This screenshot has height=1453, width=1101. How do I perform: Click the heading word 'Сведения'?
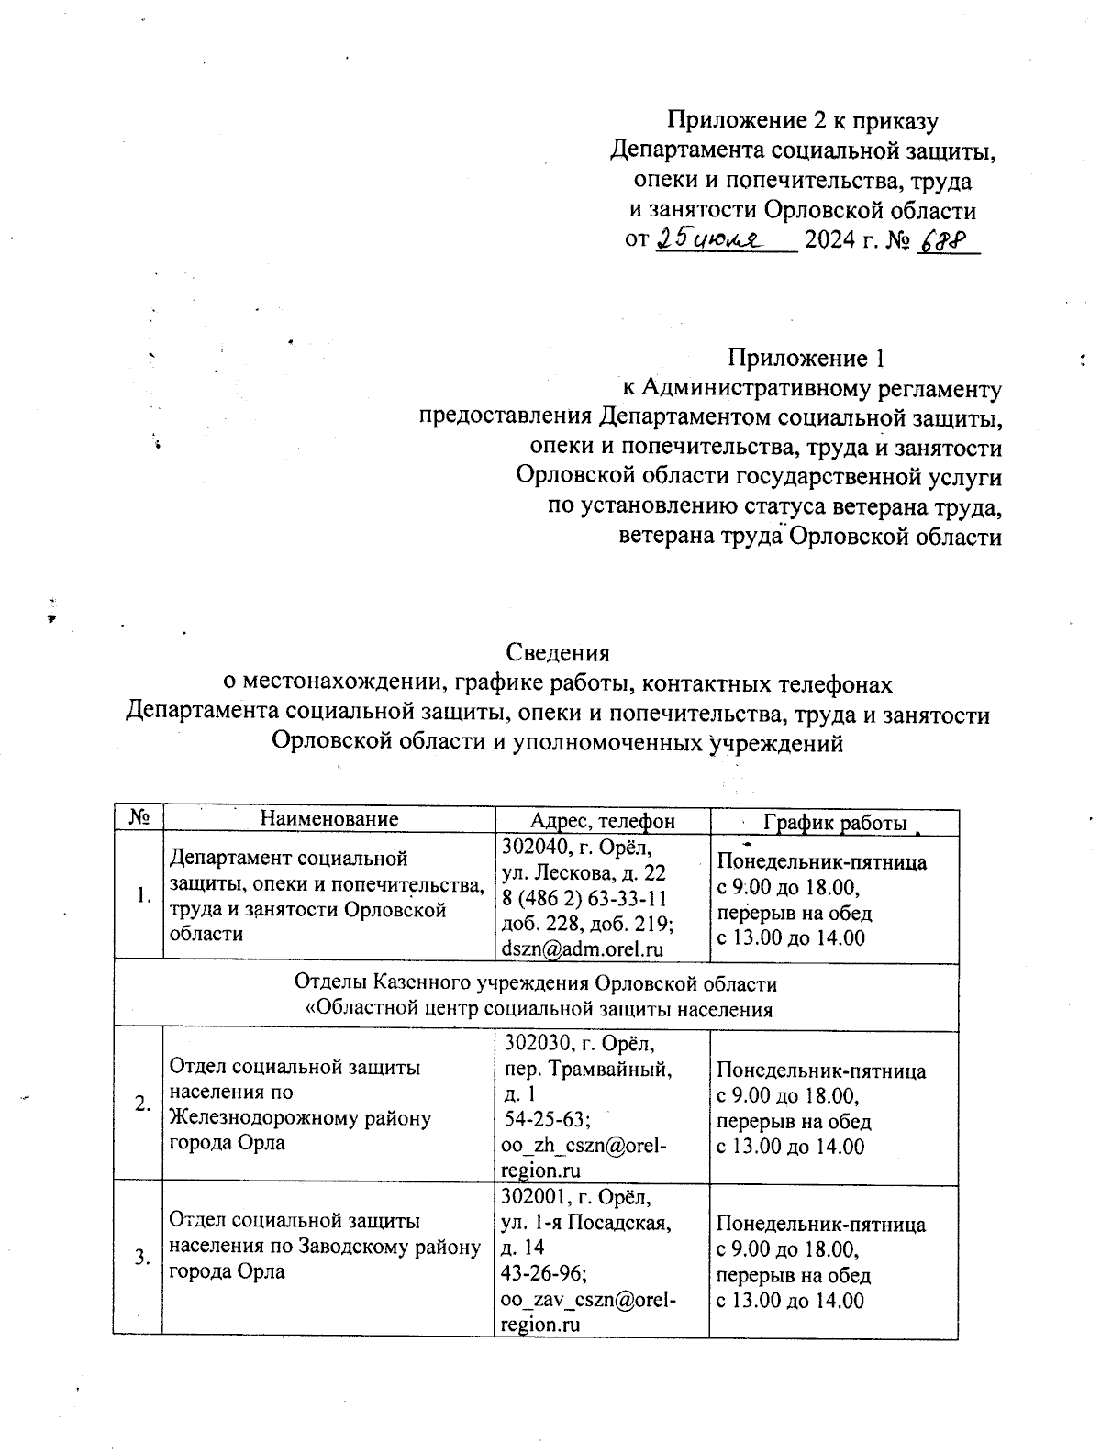coord(558,653)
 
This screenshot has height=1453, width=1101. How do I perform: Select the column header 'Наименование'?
coord(329,819)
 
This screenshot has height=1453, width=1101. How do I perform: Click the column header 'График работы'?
coord(836,823)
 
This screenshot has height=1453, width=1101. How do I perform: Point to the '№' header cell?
coord(139,818)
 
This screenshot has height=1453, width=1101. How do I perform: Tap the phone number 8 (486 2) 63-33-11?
coord(584,897)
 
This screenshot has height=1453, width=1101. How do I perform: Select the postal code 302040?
coord(533,845)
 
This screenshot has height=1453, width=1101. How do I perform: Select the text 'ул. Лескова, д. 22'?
coord(584,871)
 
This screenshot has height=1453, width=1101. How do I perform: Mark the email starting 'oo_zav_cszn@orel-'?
coord(587,1299)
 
